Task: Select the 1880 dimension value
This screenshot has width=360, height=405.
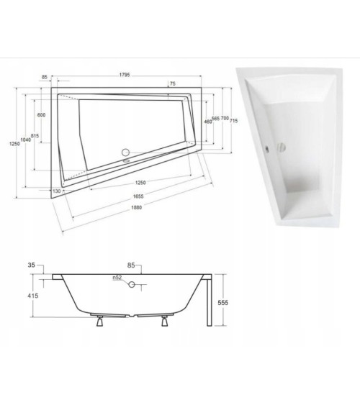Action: pyautogui.click(x=129, y=208)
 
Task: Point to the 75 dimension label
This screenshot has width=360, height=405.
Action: pyautogui.click(x=172, y=83)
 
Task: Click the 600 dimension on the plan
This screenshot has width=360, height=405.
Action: pyautogui.click(x=42, y=117)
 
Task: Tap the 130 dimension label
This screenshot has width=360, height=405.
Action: pyautogui.click(x=56, y=191)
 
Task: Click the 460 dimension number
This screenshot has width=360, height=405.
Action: pyautogui.click(x=207, y=122)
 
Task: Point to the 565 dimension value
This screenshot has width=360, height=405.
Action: pyautogui.click(x=215, y=119)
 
